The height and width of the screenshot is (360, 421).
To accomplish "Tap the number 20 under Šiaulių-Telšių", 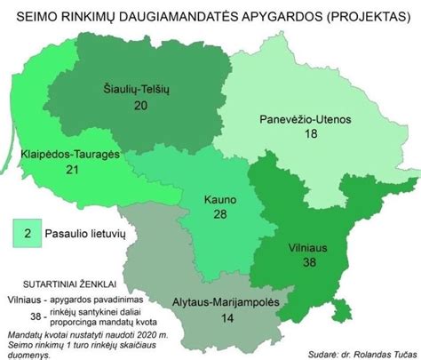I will (140, 105).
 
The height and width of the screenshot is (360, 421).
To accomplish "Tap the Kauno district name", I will (218, 200).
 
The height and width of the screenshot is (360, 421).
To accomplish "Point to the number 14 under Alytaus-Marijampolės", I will (228, 317).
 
